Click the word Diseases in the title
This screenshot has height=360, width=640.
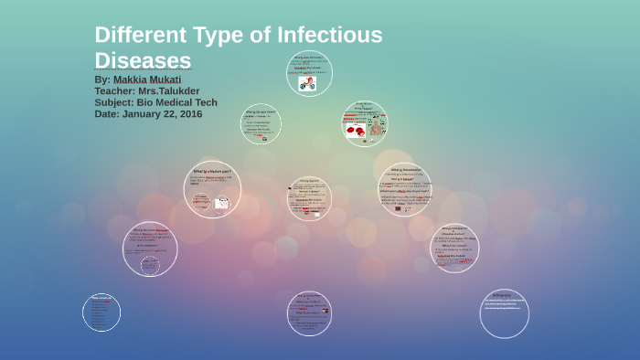point(143,60)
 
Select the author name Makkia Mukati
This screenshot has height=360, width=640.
point(147,79)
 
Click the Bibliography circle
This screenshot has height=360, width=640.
point(504,313)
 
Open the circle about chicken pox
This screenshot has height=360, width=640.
point(212,189)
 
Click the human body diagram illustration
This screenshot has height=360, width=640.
point(378,129)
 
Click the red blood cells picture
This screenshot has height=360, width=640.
point(355,130)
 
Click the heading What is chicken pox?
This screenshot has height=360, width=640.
point(211,171)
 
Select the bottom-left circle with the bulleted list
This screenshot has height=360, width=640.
point(101,312)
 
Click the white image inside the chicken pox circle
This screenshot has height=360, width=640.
point(221,204)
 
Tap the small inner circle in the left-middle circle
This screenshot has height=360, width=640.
point(150,264)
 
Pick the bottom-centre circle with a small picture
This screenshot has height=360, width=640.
point(309,313)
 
